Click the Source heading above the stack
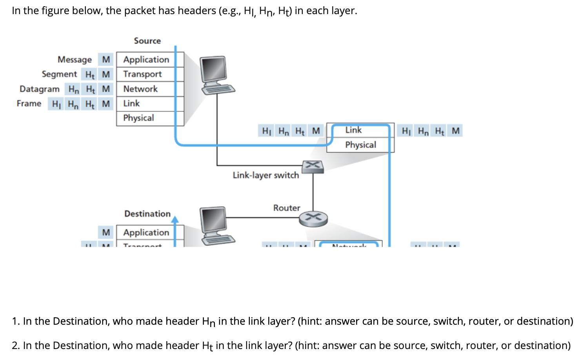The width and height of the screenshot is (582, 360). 147,41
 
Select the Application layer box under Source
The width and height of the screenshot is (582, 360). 146,60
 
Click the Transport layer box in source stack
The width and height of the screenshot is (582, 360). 142,74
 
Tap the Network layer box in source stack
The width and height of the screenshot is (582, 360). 140,89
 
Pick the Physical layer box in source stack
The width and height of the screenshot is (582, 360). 138,118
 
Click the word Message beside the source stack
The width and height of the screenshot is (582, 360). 75,60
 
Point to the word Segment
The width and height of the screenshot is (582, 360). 59,74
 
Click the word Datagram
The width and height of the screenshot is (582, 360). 40,89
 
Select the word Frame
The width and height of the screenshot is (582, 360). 29,104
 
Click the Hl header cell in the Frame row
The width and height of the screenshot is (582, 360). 56,104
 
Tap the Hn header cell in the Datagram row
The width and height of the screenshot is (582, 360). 73,89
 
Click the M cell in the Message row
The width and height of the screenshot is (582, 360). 106,60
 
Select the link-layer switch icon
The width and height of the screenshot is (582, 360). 313,166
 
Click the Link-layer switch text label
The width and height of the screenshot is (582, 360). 266,175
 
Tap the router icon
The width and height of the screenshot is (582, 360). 313,218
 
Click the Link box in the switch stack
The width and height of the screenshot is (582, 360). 353,130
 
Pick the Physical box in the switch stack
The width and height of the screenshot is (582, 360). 360,145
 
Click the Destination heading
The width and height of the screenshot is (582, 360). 147,214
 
